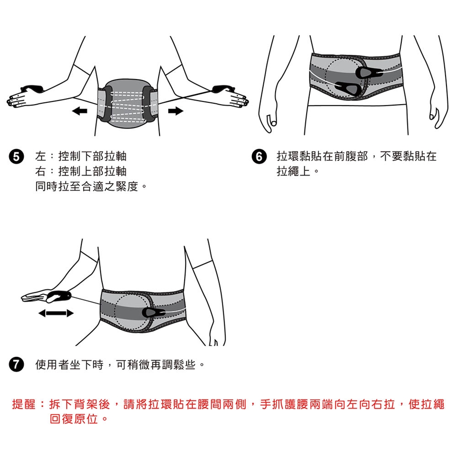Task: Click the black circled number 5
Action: pyautogui.click(x=16, y=157)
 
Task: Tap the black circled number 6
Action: pyautogui.click(x=259, y=157)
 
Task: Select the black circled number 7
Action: pyautogui.click(x=16, y=364)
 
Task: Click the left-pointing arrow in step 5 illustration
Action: pyautogui.click(x=79, y=111)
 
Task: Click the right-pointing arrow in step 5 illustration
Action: pyautogui.click(x=176, y=111)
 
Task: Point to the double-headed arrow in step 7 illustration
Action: pyautogui.click(x=56, y=313)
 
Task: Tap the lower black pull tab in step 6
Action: pyautogui.click(x=348, y=88)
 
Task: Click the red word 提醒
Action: pyautogui.click(x=24, y=404)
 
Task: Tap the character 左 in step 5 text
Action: pyautogui.click(x=40, y=157)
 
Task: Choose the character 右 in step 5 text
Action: pyautogui.click(x=40, y=171)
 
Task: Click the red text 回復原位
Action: pyautogui.click(x=73, y=419)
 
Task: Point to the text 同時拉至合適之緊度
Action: pyautogui.click(x=87, y=186)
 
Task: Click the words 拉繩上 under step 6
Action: pyautogui.click(x=294, y=171)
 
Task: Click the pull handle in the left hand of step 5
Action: pyautogui.click(x=32, y=89)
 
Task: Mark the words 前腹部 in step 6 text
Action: pyautogui.click(x=351, y=157)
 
